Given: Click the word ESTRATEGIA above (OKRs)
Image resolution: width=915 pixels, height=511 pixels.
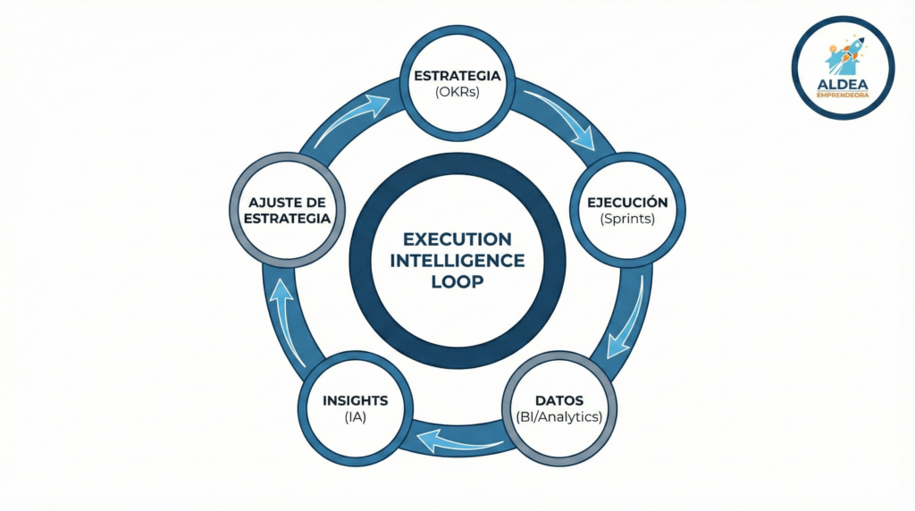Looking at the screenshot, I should pos(457,76).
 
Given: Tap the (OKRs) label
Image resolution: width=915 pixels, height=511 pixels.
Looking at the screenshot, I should pos(457,91).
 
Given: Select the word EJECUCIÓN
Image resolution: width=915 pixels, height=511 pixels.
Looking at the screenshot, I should pos(626,203).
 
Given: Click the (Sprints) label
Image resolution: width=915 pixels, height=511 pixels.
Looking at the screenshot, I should pos(626,218).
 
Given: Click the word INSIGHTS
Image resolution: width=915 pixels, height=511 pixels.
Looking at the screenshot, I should pos(355,400).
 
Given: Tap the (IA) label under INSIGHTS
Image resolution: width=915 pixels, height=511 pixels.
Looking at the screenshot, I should pos(355,415).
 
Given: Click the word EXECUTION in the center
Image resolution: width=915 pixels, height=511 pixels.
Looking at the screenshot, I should pos(457,239).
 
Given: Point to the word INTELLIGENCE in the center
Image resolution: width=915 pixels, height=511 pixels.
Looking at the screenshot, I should pos(457,260).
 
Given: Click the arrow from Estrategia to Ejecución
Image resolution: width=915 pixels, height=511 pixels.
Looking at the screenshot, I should pos(561,116).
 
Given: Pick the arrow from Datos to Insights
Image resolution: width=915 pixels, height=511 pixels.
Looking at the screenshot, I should pos(457,440).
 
